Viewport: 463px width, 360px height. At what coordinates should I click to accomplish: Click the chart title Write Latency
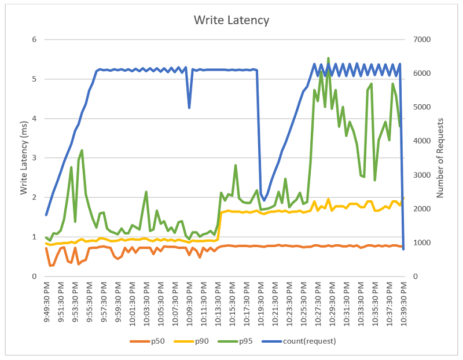pyautogui.click(x=231, y=20)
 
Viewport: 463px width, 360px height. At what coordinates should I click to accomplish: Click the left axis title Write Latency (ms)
pyautogui.click(x=24, y=157)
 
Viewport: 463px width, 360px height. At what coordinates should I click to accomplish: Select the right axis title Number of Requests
pyautogui.click(x=440, y=158)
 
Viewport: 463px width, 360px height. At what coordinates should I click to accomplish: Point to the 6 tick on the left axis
pyautogui.click(x=34, y=40)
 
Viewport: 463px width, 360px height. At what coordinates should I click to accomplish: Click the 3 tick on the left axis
pyautogui.click(x=34, y=158)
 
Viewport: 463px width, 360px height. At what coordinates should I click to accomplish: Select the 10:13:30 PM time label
pyautogui.click(x=218, y=303)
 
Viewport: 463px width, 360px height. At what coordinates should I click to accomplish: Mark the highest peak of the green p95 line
pyautogui.click(x=329, y=58)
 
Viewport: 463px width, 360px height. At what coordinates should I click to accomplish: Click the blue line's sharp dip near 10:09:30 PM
pyautogui.click(x=189, y=108)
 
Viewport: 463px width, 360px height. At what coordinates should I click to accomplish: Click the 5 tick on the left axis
pyautogui.click(x=34, y=79)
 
